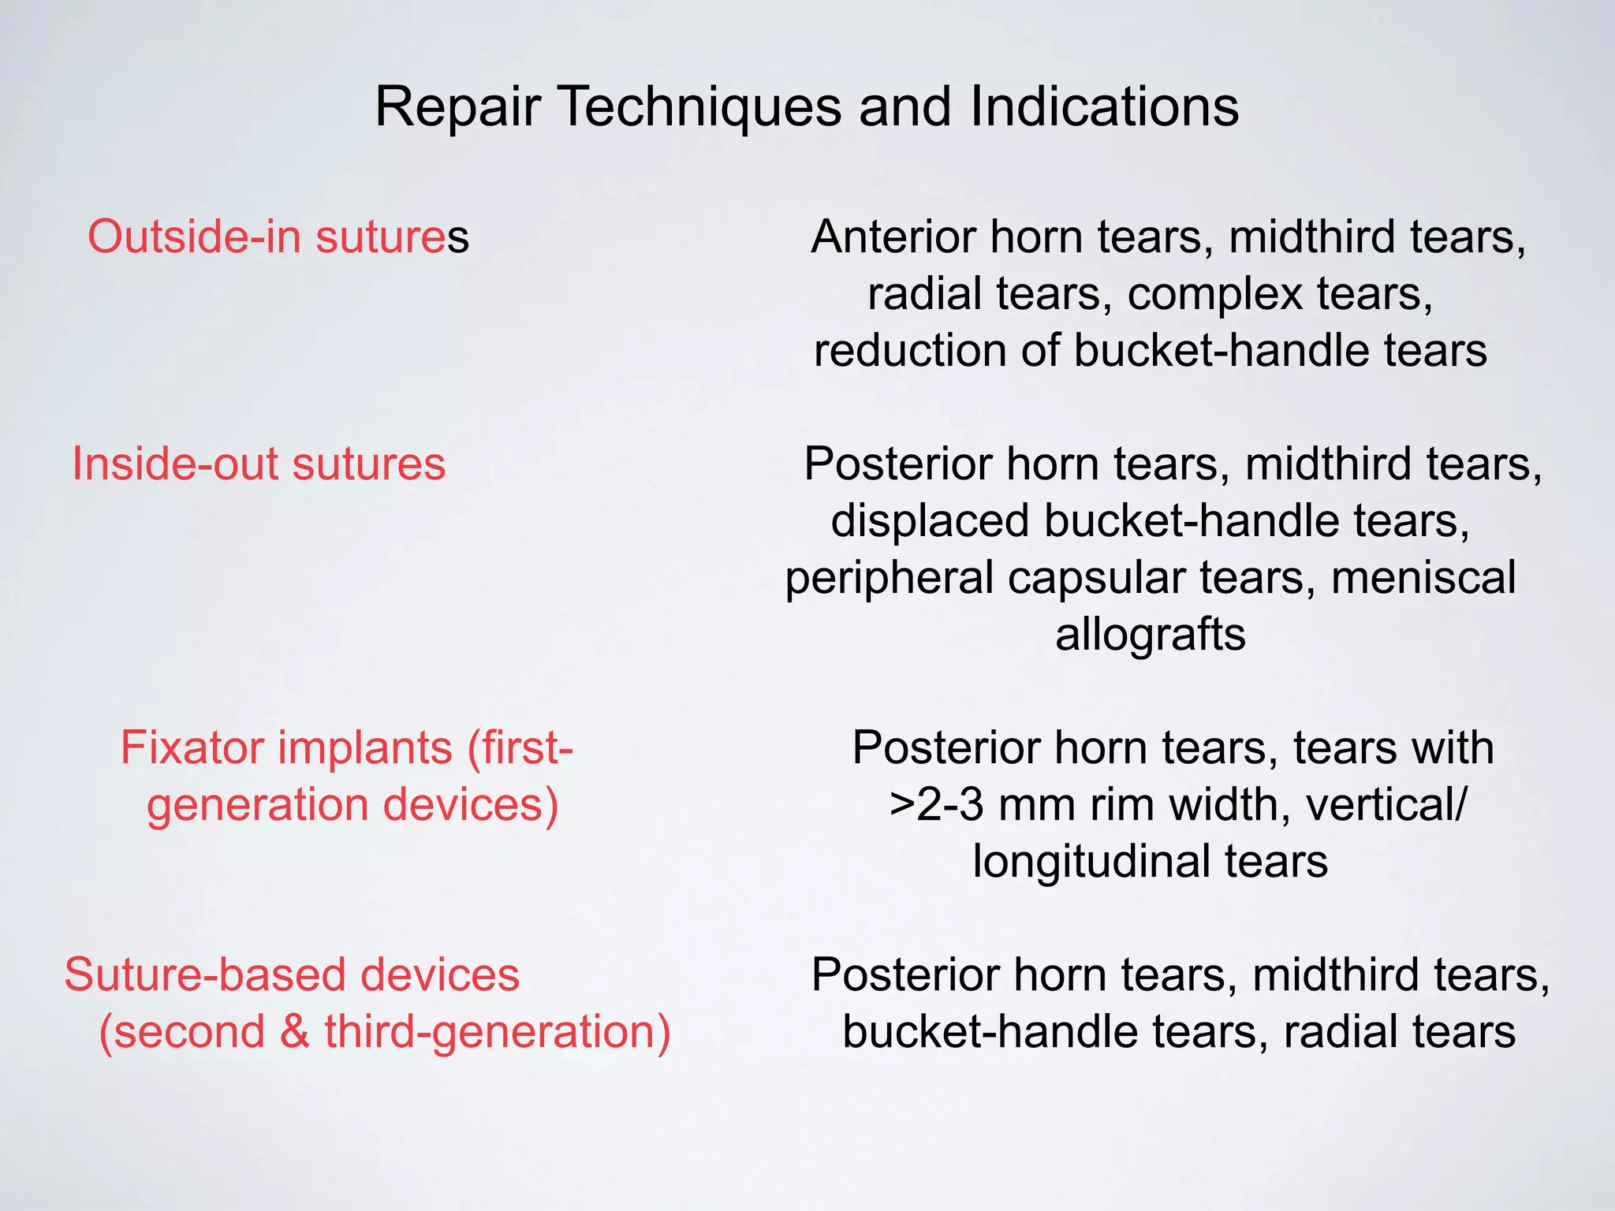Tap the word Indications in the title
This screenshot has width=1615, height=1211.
coord(1104,107)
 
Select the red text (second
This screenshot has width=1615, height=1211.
coord(181,1032)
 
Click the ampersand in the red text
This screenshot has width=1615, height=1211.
coord(294,1032)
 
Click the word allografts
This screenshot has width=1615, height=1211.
coord(1151,635)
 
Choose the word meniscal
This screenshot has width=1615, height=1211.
coord(1423,578)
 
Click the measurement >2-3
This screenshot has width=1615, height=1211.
coord(937,805)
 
